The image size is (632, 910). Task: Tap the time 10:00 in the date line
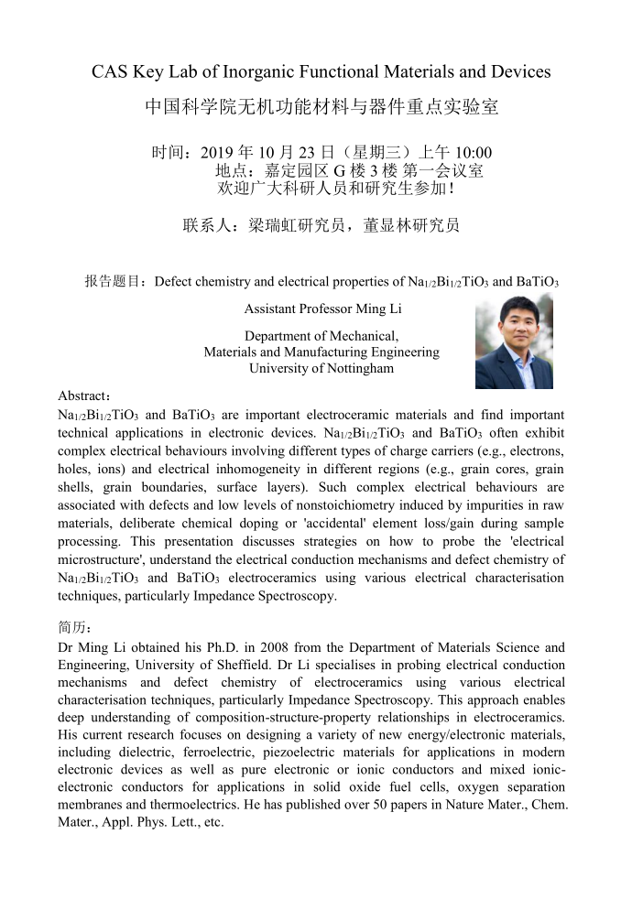pos(474,152)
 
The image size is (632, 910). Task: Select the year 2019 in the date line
pos(218,152)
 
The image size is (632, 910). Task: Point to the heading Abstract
pos(83,395)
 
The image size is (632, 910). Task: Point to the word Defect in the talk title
pos(174,281)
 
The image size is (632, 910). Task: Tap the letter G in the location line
pos(337,170)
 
